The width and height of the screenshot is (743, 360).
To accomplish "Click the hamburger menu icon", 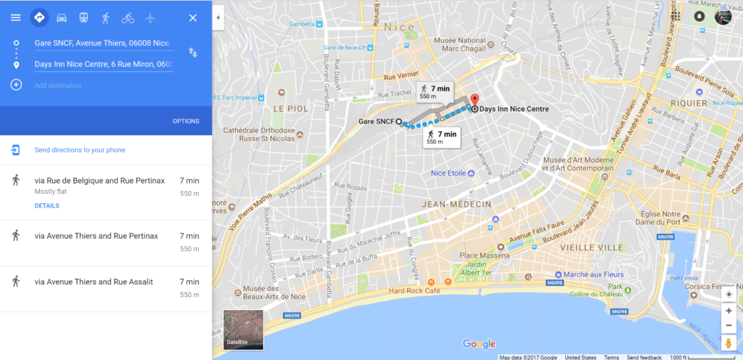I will (x=15, y=17).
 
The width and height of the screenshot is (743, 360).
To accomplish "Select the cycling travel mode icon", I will (x=128, y=17).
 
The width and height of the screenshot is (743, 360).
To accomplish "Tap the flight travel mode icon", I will (x=150, y=17).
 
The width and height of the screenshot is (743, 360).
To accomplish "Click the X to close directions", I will (x=192, y=17).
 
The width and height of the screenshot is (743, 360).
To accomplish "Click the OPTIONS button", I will (x=186, y=121).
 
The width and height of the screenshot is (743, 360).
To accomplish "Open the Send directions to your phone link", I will (x=80, y=150).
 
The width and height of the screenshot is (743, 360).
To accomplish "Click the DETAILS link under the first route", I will (x=46, y=205).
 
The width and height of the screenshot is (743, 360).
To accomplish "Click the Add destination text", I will (x=58, y=86).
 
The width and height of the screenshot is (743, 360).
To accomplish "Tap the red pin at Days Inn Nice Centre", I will (x=475, y=101).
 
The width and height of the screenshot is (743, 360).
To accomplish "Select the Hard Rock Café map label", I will (x=415, y=291).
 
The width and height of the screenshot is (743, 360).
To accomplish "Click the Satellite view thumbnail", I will (x=243, y=330).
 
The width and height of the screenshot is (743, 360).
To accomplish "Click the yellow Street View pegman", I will (x=728, y=343).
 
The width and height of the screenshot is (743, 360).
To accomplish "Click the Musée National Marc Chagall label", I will (x=464, y=45).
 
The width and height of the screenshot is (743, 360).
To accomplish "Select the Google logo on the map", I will (x=479, y=343).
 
